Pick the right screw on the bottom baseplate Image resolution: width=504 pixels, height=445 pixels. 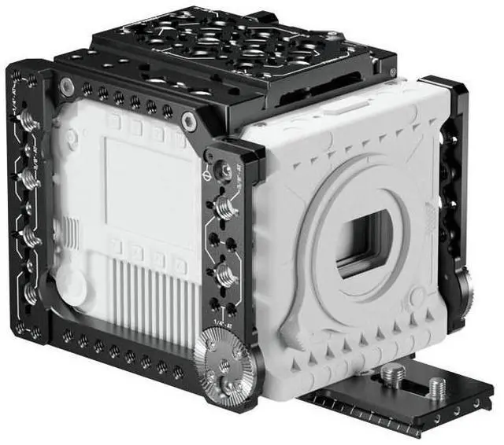(x=435, y=384)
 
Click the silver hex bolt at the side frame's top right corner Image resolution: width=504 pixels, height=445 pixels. (x=188, y=120)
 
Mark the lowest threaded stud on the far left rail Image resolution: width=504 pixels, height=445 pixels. (x=30, y=293)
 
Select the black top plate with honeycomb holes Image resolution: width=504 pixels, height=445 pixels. (x=236, y=47)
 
